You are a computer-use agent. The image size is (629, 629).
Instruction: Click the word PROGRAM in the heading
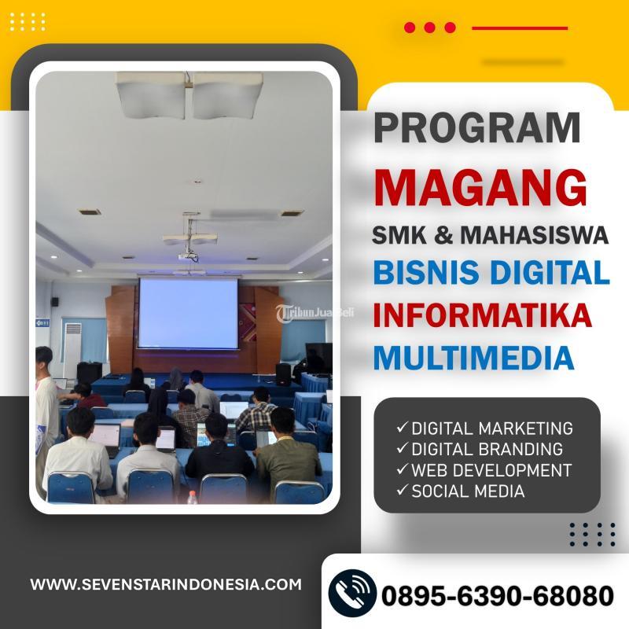pyautogui.click(x=476, y=128)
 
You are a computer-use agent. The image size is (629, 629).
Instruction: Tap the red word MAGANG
pyautogui.click(x=480, y=188)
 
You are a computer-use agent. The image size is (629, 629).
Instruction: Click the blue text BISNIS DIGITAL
pyautogui.click(x=491, y=273)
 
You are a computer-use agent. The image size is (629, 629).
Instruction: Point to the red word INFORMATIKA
pyautogui.click(x=482, y=314)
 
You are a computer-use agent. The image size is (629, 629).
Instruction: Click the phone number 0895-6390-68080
pyautogui.click(x=497, y=595)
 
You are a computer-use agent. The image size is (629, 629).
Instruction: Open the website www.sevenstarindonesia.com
pyautogui.click(x=166, y=584)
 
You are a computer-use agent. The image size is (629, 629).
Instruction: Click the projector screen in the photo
pyautogui.click(x=188, y=313)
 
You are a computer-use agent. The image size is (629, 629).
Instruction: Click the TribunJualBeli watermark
pyautogui.click(x=314, y=311)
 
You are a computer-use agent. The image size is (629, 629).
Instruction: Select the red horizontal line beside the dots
pyautogui.click(x=519, y=28)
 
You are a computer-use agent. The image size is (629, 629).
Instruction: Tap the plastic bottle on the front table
pyautogui.click(x=192, y=498)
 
